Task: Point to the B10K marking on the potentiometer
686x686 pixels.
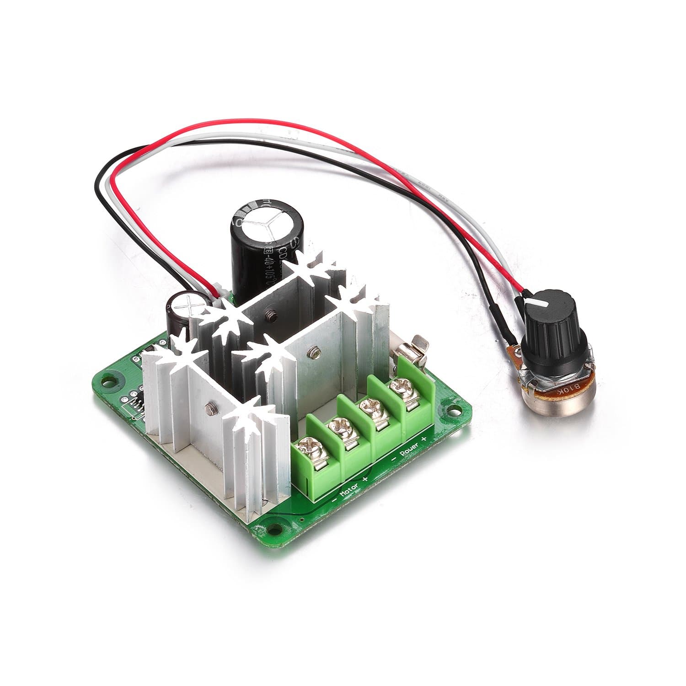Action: click(x=567, y=386)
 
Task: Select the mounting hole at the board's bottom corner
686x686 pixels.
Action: click(x=275, y=528)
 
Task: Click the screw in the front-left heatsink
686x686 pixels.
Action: click(x=211, y=406)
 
